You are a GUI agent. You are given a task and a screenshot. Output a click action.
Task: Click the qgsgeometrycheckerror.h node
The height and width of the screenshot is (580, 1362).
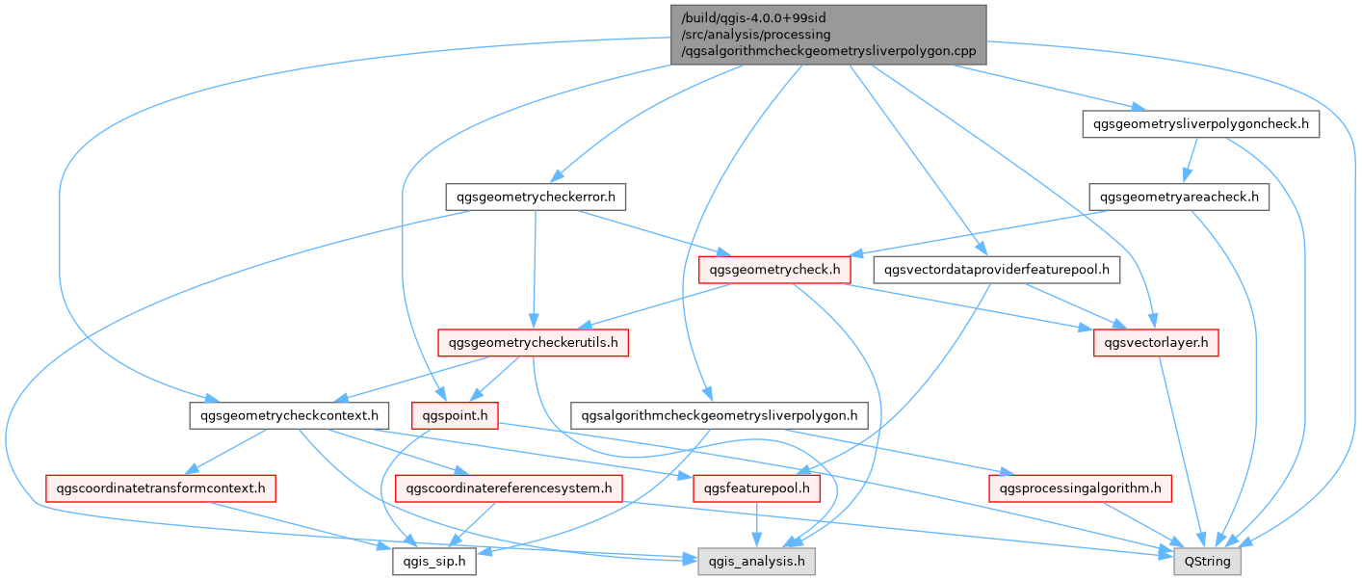pyautogui.click(x=537, y=198)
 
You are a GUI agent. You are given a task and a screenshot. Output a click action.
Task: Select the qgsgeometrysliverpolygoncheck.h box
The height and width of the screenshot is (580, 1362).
pyautogui.click(x=1199, y=124)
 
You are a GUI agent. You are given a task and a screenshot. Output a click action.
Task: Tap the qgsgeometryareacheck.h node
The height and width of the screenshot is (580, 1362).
pyautogui.click(x=1179, y=198)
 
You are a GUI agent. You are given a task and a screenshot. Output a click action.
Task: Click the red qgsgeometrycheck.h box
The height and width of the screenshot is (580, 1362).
pyautogui.click(x=774, y=271)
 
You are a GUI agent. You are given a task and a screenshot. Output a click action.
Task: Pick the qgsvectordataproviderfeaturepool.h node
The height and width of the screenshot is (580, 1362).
pyautogui.click(x=997, y=271)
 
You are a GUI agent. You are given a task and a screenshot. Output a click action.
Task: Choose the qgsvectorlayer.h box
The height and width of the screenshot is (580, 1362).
pyautogui.click(x=1156, y=342)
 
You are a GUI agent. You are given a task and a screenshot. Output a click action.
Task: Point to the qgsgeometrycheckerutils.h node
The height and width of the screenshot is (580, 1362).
pyautogui.click(x=534, y=342)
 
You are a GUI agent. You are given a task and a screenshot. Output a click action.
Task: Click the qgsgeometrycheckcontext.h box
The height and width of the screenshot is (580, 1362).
pyautogui.click(x=289, y=416)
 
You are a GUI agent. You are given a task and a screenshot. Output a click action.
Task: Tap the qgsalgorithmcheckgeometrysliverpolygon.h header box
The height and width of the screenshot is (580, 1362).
pyautogui.click(x=720, y=416)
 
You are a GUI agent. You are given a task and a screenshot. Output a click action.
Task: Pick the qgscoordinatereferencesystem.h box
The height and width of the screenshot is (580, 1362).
pyautogui.click(x=510, y=488)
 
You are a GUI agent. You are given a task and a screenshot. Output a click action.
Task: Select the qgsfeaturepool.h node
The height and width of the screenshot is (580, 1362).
pyautogui.click(x=756, y=488)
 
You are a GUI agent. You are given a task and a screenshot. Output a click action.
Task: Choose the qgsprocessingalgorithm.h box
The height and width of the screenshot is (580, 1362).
pyautogui.click(x=1081, y=488)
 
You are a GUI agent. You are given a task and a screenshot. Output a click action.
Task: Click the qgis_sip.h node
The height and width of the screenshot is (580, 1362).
pyautogui.click(x=433, y=562)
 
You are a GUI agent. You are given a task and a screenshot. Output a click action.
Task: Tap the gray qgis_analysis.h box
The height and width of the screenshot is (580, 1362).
pyautogui.click(x=756, y=562)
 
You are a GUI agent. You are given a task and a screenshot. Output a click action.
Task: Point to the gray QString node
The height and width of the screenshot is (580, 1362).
pyautogui.click(x=1208, y=562)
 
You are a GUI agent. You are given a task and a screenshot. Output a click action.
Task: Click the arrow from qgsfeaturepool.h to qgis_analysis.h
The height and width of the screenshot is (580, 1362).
pyautogui.click(x=756, y=525)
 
